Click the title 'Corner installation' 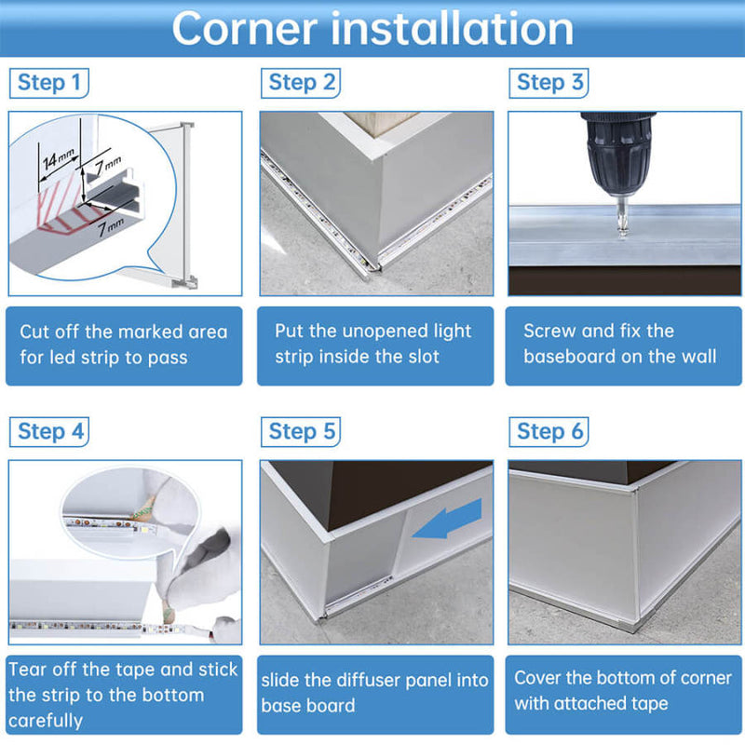click(x=372, y=29)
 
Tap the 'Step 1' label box click(x=49, y=83)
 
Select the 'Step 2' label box click(x=301, y=83)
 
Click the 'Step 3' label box click(x=549, y=83)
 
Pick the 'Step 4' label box click(x=49, y=432)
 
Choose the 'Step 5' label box click(x=301, y=432)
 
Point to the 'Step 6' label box click(x=549, y=432)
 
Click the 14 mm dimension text click(x=58, y=159)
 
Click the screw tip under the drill click(x=622, y=233)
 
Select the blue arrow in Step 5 click(x=447, y=519)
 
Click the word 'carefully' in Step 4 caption click(x=46, y=721)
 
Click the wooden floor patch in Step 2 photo click(x=381, y=123)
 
